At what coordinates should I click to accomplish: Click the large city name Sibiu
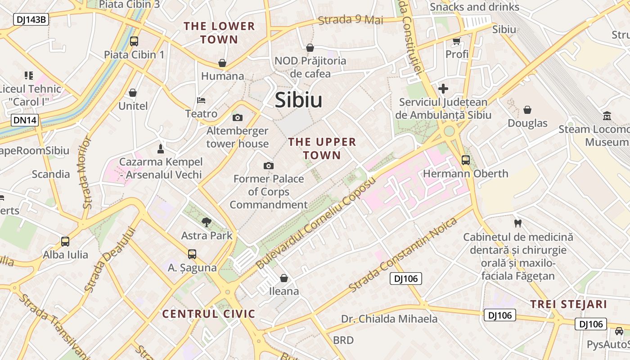click(x=298, y=100)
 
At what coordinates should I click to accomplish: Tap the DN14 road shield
click(x=25, y=120)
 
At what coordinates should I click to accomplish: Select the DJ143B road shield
click(x=31, y=19)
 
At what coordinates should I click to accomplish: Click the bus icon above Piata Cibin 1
click(x=134, y=41)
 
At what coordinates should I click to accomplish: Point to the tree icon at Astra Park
click(x=207, y=222)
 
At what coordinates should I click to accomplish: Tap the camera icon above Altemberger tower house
click(x=238, y=118)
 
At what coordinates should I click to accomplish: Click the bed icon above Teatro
click(x=201, y=100)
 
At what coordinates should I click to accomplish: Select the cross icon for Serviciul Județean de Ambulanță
click(x=443, y=89)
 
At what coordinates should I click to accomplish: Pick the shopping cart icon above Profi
click(x=457, y=41)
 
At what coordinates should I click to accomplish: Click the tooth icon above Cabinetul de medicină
click(x=518, y=223)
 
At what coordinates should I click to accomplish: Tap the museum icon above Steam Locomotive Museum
click(x=607, y=116)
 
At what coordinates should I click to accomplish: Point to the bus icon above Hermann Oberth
click(x=466, y=160)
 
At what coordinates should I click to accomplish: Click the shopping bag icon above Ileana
click(x=284, y=278)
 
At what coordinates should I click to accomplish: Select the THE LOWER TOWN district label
click(x=219, y=33)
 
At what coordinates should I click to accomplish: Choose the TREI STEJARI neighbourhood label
click(x=569, y=304)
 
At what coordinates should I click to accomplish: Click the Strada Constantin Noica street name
click(x=403, y=254)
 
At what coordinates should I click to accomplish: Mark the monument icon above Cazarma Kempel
click(x=160, y=148)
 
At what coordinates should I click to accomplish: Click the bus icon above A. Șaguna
click(x=192, y=254)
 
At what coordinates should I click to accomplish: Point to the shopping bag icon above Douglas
click(x=527, y=110)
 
